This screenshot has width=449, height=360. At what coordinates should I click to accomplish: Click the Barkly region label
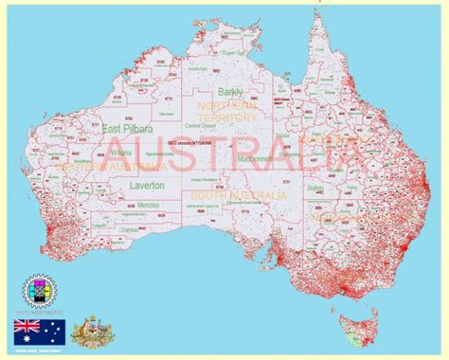tap(229, 92)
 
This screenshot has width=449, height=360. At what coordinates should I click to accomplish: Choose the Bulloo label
tap(316, 189)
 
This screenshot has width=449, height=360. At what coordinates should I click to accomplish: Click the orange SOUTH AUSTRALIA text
tap(237, 194)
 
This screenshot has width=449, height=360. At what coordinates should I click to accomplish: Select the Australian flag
tap(39, 331)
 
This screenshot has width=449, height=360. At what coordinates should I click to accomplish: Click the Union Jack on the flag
tap(27, 325)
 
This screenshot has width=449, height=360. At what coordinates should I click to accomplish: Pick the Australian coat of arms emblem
tap(92, 329)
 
